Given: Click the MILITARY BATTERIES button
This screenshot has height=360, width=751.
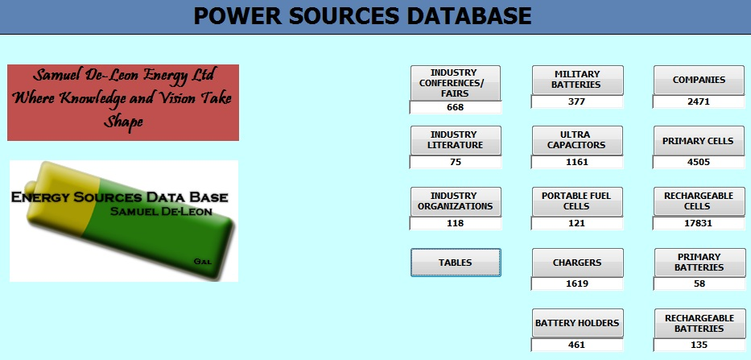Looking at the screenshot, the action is [x=578, y=80].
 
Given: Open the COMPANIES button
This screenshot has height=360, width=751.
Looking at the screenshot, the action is [x=699, y=80].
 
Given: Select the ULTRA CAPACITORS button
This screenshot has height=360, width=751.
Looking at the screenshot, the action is [x=577, y=140].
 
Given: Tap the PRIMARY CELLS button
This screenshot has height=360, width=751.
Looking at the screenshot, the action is [x=699, y=140].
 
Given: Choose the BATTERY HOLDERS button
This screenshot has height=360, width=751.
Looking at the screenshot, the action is [x=578, y=323].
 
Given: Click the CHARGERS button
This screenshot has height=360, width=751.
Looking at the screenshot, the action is [x=578, y=263].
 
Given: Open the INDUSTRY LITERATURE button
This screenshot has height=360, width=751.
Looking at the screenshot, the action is [x=456, y=140].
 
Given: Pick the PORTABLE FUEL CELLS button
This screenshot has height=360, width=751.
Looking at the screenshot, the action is [x=577, y=201].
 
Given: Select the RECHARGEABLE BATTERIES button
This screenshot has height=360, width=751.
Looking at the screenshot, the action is [x=699, y=323].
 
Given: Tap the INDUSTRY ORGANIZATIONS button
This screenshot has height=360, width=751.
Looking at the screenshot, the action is [x=456, y=201].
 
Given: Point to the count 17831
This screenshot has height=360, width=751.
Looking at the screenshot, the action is [x=699, y=223].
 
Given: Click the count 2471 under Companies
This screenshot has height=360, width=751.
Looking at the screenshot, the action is [x=699, y=101].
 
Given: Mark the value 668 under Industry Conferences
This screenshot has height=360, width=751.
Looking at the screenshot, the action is [x=455, y=107].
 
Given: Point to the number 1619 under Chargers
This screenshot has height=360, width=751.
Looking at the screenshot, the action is [x=576, y=283].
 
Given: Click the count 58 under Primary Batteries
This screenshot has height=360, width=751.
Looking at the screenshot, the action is [x=699, y=283].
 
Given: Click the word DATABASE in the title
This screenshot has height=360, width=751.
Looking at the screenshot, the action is [x=469, y=16].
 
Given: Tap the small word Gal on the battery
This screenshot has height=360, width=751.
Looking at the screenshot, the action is [x=203, y=262].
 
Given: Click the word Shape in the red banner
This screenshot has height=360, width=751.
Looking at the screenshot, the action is [x=124, y=122].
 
